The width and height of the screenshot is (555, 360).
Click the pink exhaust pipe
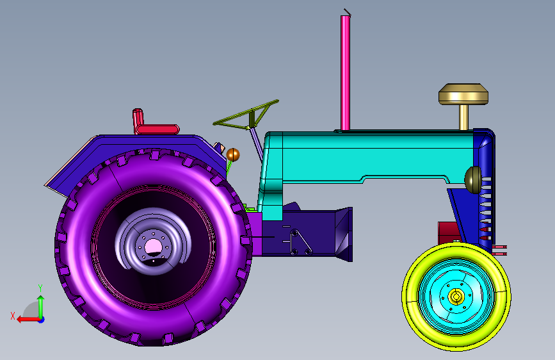point(345,72)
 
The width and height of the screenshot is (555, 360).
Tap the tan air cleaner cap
point(463,94)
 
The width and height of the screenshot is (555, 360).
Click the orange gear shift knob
point(233,155)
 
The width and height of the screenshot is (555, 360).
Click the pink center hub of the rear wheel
point(154,246)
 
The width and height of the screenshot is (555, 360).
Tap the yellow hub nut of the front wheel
point(456,296)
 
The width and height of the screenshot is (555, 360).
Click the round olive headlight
point(473,179)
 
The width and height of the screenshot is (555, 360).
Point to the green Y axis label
point(40,288)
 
